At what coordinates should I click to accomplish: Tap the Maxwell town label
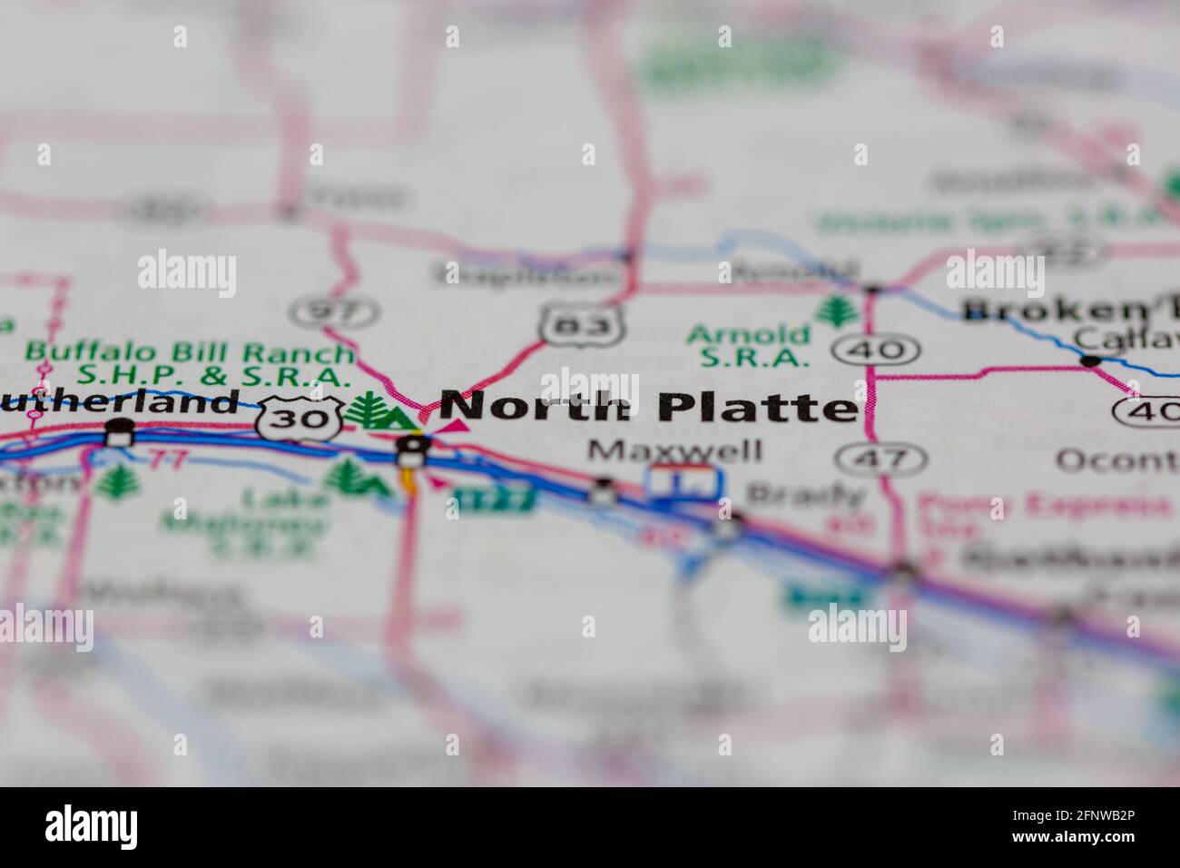tap(674, 450)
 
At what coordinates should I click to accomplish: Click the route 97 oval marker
tap(325, 312)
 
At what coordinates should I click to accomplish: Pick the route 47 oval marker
tap(869, 459)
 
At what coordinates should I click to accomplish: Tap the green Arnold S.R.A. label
tap(748, 346)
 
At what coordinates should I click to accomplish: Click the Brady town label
tap(805, 495)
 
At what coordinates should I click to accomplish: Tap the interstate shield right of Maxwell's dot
tap(685, 481)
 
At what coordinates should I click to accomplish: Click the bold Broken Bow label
tap(1071, 310)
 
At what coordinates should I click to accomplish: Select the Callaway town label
tap(1126, 339)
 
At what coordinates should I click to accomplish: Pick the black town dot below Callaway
tap(1089, 360)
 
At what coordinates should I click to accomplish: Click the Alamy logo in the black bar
tap(91, 827)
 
